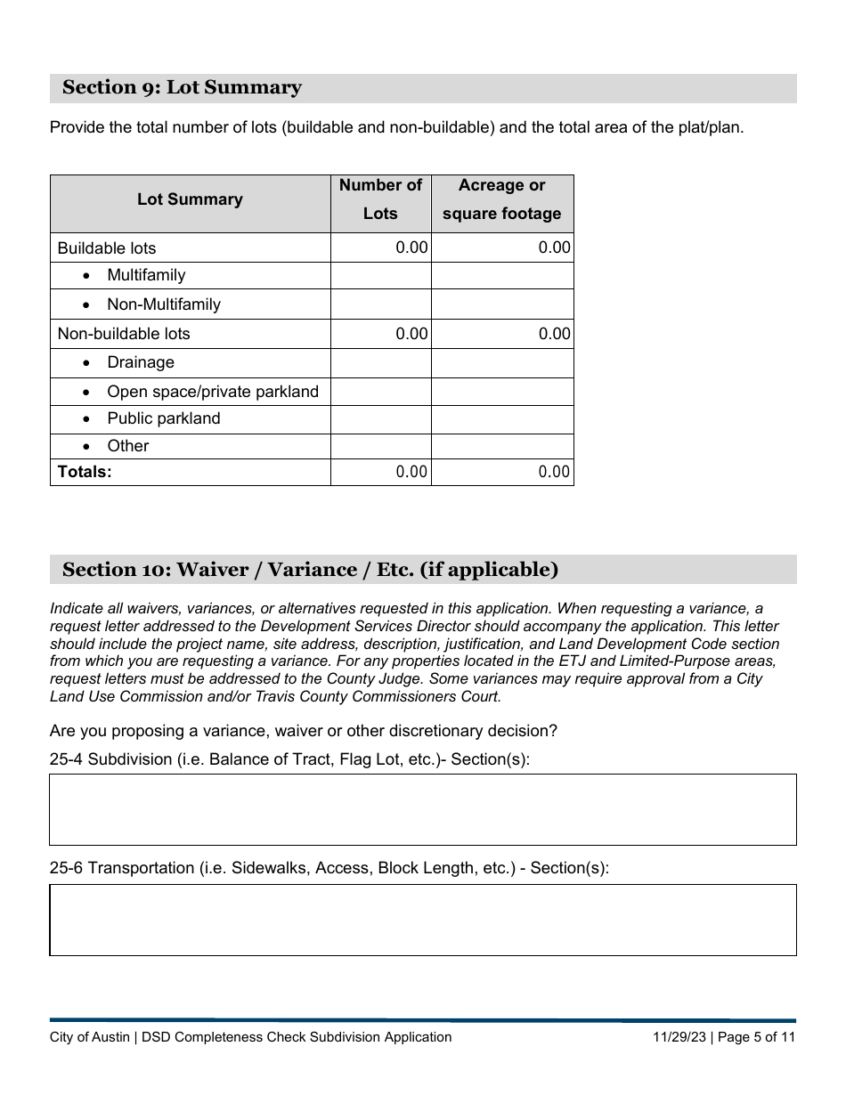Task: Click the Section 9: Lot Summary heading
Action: pyautogui.click(x=182, y=87)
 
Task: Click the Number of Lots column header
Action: pyautogui.click(x=380, y=199)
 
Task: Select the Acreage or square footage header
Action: pyautogui.click(x=502, y=199)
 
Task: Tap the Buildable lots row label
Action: pyautogui.click(x=107, y=248)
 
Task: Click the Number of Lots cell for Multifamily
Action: pyautogui.click(x=380, y=276)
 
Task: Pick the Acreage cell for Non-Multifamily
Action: pyautogui.click(x=502, y=304)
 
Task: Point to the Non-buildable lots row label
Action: pyautogui.click(x=124, y=334)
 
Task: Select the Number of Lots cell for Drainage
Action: pyautogui.click(x=380, y=363)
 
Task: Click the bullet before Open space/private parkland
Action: pyautogui.click(x=86, y=393)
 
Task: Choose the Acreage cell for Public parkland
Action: pyautogui.click(x=502, y=419)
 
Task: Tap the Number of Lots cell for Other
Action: pyautogui.click(x=380, y=446)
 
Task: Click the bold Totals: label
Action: pyautogui.click(x=85, y=472)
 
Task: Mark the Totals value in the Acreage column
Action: pyautogui.click(x=553, y=472)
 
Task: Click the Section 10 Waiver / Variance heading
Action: pyautogui.click(x=310, y=570)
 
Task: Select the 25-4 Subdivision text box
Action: pyautogui.click(x=422, y=809)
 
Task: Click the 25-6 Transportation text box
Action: pyautogui.click(x=422, y=920)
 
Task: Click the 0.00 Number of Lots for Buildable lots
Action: pyautogui.click(x=411, y=247)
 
